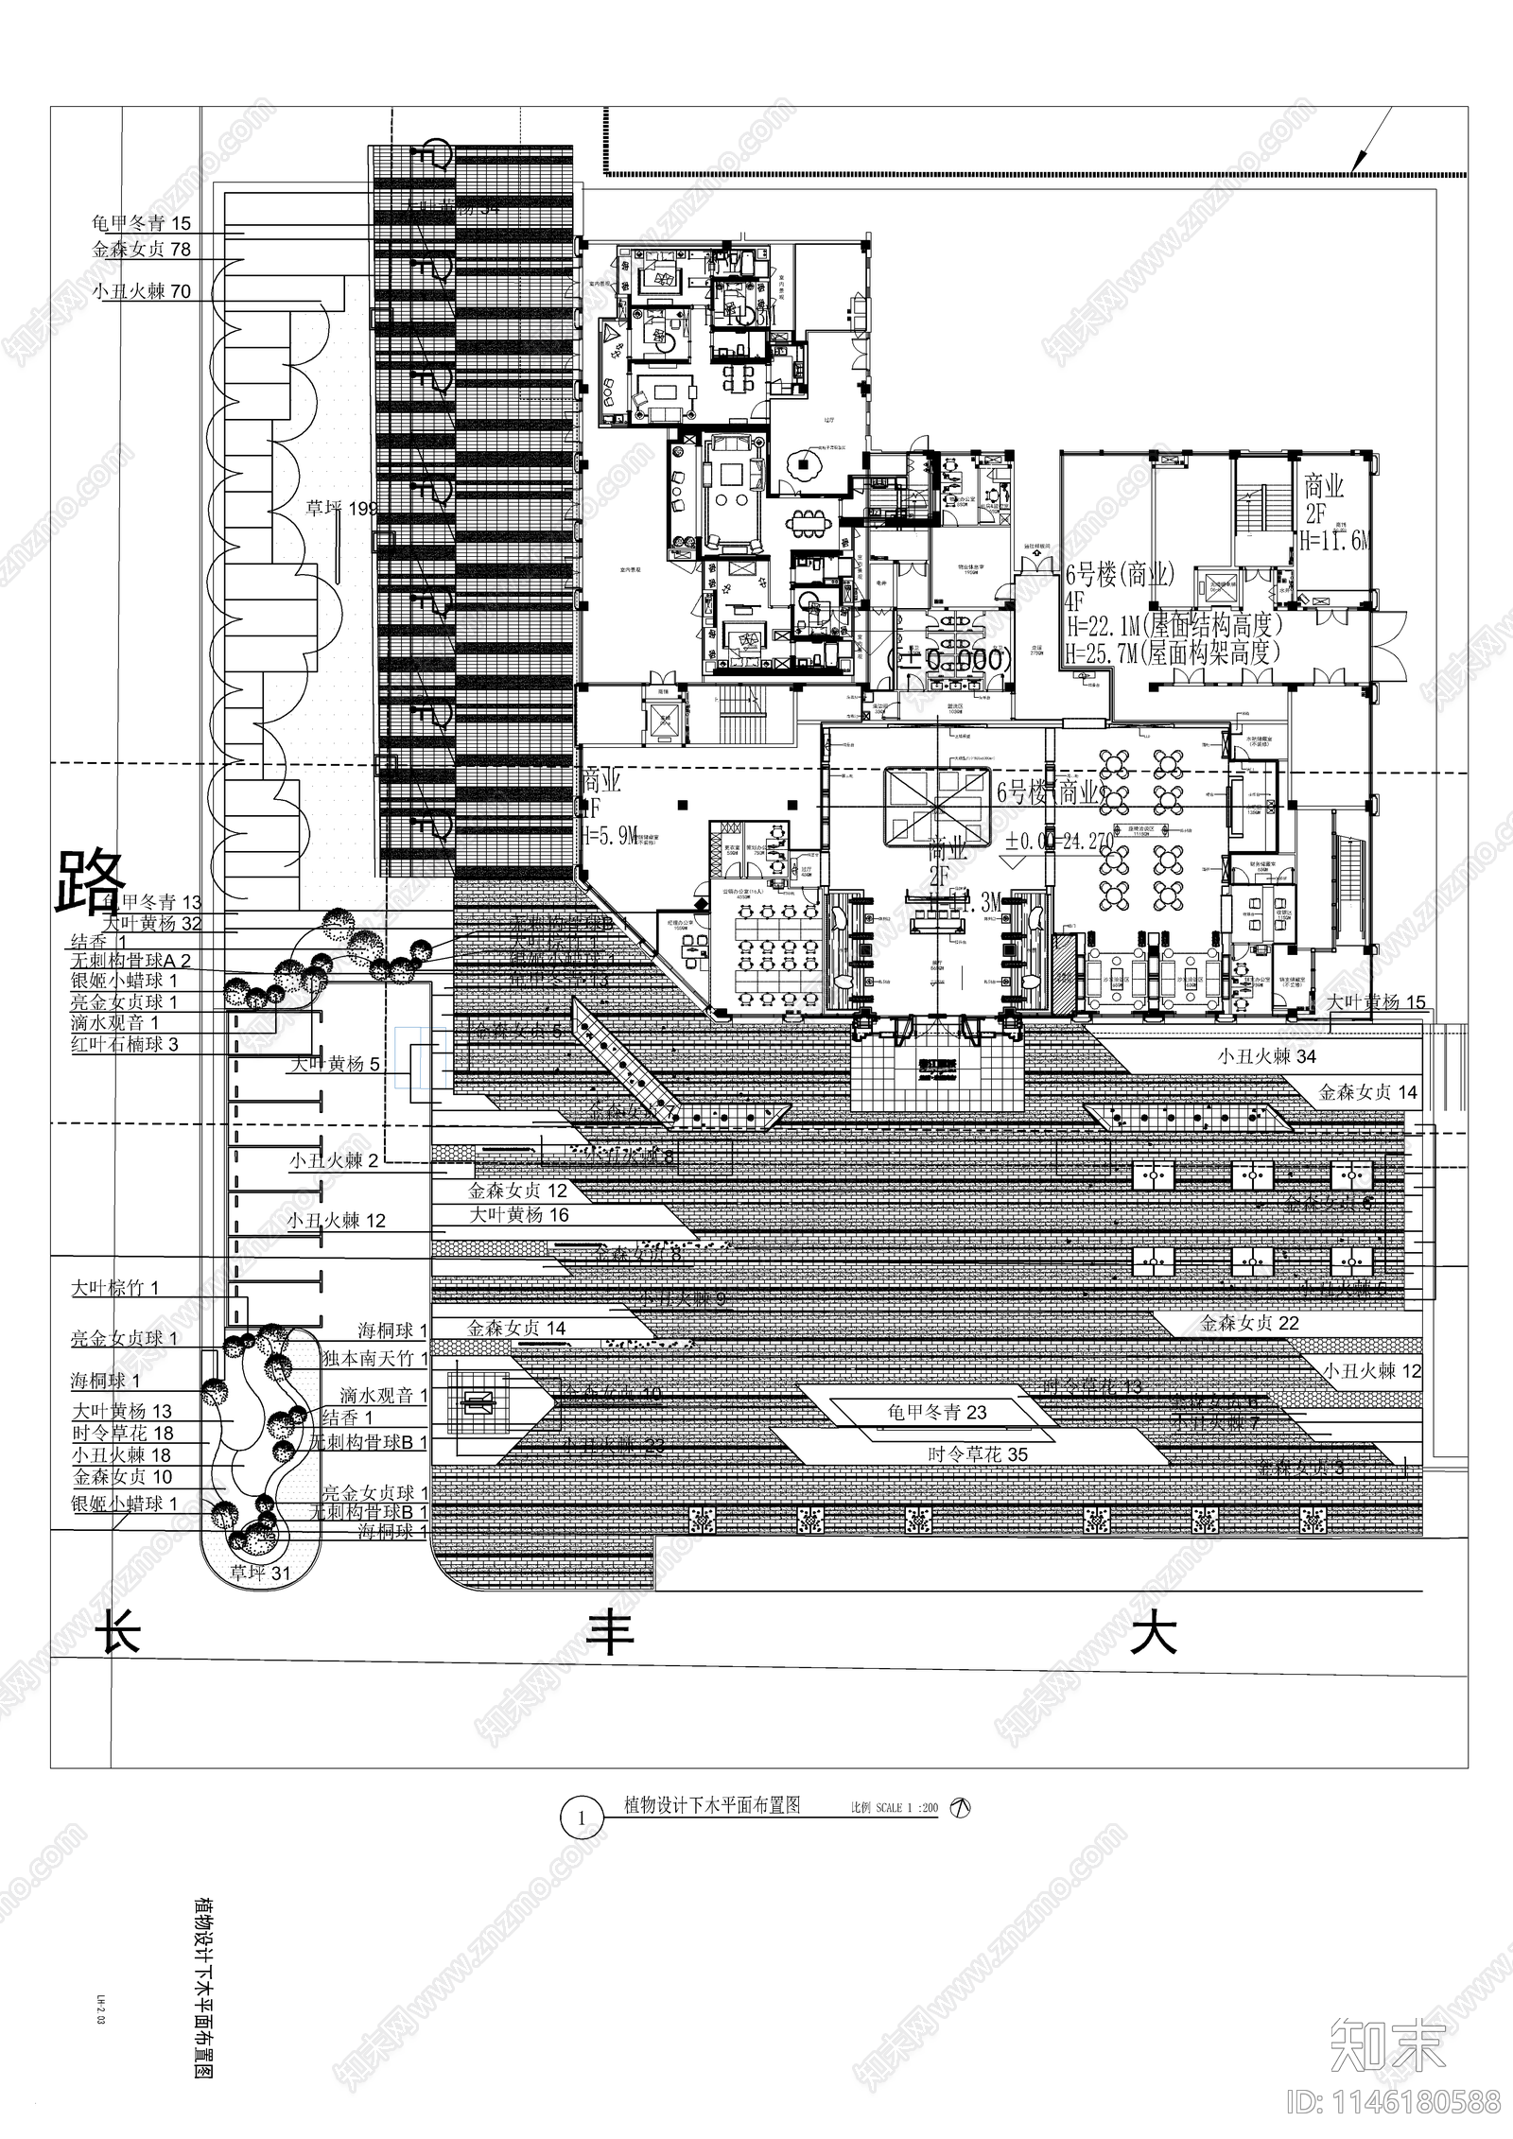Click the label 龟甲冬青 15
(x=141, y=223)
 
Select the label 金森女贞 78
(x=141, y=250)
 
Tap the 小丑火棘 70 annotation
(x=142, y=291)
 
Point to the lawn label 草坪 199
(x=341, y=509)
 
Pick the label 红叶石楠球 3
(x=124, y=1045)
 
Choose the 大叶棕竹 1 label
(x=115, y=1287)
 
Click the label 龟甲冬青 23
(x=935, y=1413)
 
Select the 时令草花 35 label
(x=977, y=1454)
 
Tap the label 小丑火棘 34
(x=1266, y=1056)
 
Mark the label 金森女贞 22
(x=1250, y=1323)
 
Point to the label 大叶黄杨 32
(x=152, y=923)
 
